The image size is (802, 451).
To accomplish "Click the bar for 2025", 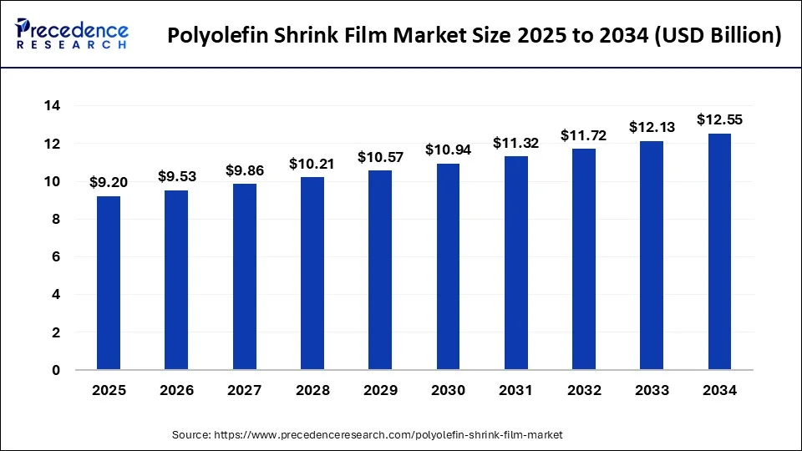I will [x=109, y=282].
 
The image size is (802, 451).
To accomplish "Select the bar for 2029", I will [x=380, y=270].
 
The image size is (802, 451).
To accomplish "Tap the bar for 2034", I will [x=719, y=251].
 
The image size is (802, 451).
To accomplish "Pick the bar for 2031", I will [x=515, y=262].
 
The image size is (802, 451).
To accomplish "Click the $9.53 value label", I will [x=176, y=176].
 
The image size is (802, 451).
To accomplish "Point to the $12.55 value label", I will [x=719, y=119].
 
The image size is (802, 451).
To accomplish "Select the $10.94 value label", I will [x=448, y=149].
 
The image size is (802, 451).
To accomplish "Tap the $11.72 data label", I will [x=583, y=134].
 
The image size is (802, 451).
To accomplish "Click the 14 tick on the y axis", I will [x=53, y=106].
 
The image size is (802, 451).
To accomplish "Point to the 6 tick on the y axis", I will [x=56, y=257].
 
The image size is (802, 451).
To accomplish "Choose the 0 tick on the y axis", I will [x=56, y=370].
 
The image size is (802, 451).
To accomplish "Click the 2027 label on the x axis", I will [x=244, y=390].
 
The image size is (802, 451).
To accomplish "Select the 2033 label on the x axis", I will [x=652, y=390].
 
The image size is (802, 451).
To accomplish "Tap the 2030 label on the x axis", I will [x=448, y=390].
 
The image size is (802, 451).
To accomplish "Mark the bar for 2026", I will [x=176, y=280].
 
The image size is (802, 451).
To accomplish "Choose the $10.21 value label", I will [x=312, y=164].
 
